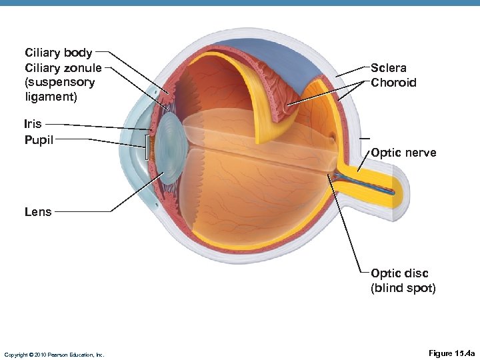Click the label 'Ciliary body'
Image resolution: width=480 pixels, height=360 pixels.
point(58,53)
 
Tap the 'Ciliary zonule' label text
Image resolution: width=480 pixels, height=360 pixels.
point(63,67)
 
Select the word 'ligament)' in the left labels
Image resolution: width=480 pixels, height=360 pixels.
point(51,97)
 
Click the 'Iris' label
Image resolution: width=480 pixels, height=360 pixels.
point(33,124)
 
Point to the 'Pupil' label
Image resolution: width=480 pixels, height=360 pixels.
point(39,139)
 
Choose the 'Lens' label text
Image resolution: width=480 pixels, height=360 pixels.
point(37,212)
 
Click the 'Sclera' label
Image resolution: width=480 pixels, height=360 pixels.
point(388,67)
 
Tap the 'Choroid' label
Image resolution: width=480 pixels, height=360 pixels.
point(393,83)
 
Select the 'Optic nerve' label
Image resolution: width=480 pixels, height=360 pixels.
point(403,153)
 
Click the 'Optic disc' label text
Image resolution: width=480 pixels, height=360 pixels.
point(399,273)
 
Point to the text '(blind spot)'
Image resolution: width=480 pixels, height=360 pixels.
point(403,288)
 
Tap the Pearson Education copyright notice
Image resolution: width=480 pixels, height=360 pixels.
point(53,355)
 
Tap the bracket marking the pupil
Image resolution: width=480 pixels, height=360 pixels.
point(146,147)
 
